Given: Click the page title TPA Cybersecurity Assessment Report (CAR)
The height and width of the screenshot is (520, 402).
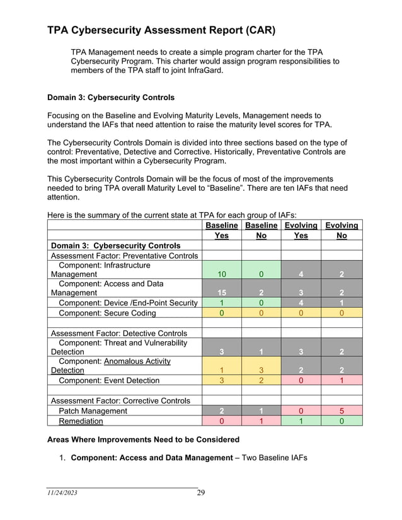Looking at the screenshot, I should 161,30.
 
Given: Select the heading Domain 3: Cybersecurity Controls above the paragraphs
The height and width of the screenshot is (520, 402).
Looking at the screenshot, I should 111,98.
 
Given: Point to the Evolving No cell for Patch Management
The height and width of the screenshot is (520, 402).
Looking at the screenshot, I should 342,411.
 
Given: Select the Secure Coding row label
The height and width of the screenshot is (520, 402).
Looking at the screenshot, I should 106,313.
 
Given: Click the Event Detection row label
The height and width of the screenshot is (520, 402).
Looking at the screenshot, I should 108,380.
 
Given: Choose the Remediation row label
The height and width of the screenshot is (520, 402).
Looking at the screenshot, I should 81,421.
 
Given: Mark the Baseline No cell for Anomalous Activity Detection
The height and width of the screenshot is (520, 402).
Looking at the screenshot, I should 261,370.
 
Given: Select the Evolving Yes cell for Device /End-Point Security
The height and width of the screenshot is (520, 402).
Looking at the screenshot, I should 301,303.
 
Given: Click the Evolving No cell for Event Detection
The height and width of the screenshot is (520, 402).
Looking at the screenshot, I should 342,380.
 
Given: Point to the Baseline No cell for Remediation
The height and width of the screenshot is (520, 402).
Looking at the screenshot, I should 261,421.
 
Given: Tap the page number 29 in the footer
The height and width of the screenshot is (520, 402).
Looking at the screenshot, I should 200,492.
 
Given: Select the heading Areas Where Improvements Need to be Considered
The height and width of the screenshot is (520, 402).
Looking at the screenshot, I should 144,439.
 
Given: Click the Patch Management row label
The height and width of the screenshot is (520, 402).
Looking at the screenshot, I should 93,411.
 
